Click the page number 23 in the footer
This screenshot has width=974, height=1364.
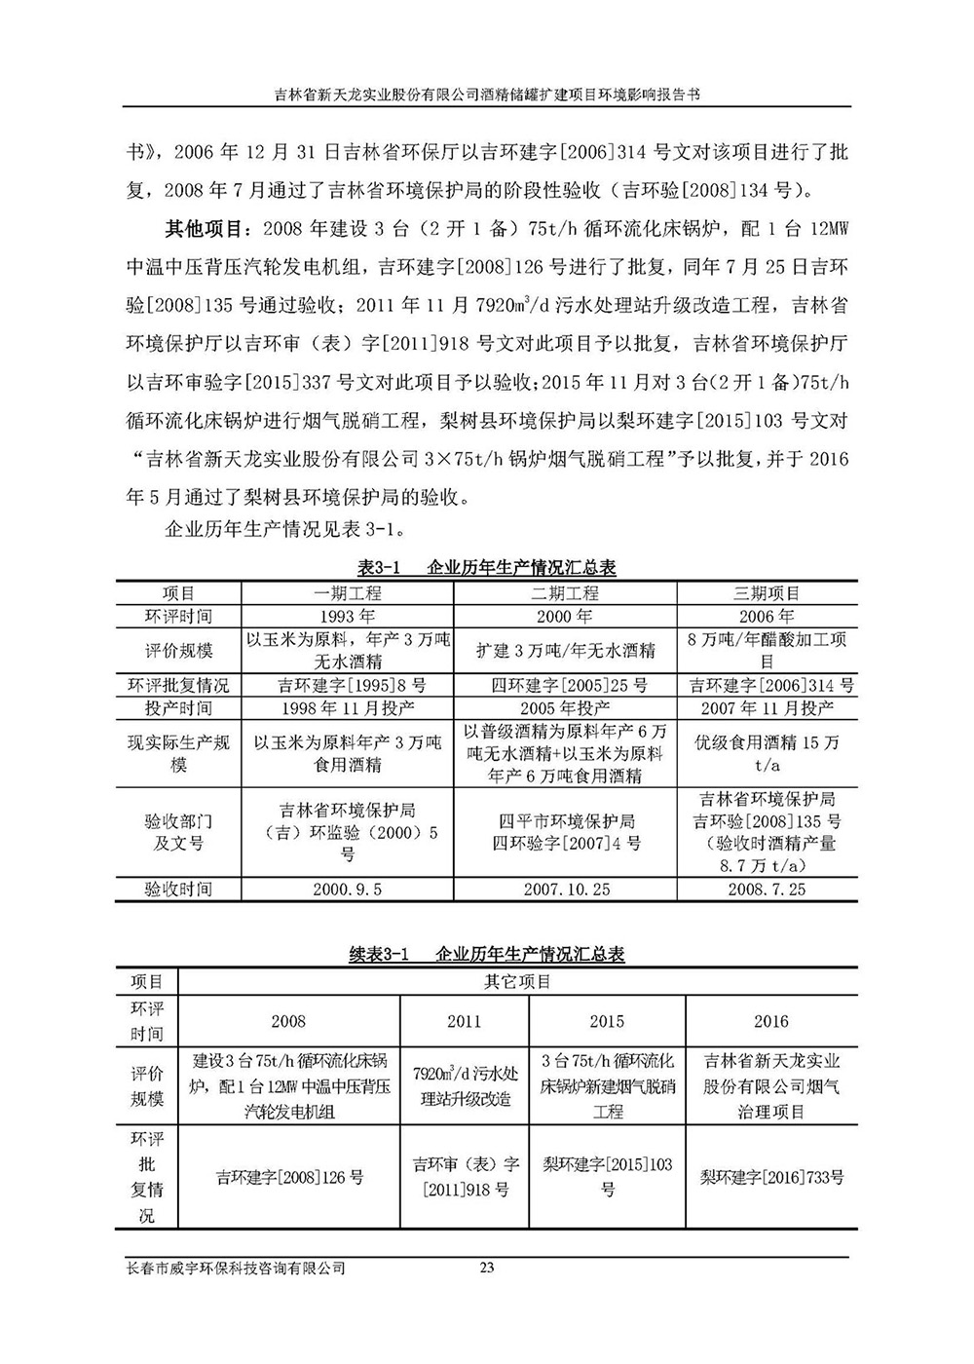point(488,1268)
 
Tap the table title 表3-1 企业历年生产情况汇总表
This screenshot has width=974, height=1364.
point(486,568)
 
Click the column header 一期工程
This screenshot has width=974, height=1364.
point(347,592)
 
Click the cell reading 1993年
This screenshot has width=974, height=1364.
point(347,616)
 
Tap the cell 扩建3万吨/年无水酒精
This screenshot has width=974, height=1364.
point(565,650)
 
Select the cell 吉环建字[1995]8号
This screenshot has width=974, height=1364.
point(347,685)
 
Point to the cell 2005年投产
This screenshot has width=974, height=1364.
point(565,707)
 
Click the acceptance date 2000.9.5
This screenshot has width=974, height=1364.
point(347,890)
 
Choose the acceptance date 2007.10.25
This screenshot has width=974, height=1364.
point(565,890)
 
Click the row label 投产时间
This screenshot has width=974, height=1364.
point(178,707)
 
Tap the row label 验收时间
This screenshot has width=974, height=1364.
point(178,890)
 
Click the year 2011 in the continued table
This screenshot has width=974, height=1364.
point(464,1021)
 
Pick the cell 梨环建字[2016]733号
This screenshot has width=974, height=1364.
point(771,1177)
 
